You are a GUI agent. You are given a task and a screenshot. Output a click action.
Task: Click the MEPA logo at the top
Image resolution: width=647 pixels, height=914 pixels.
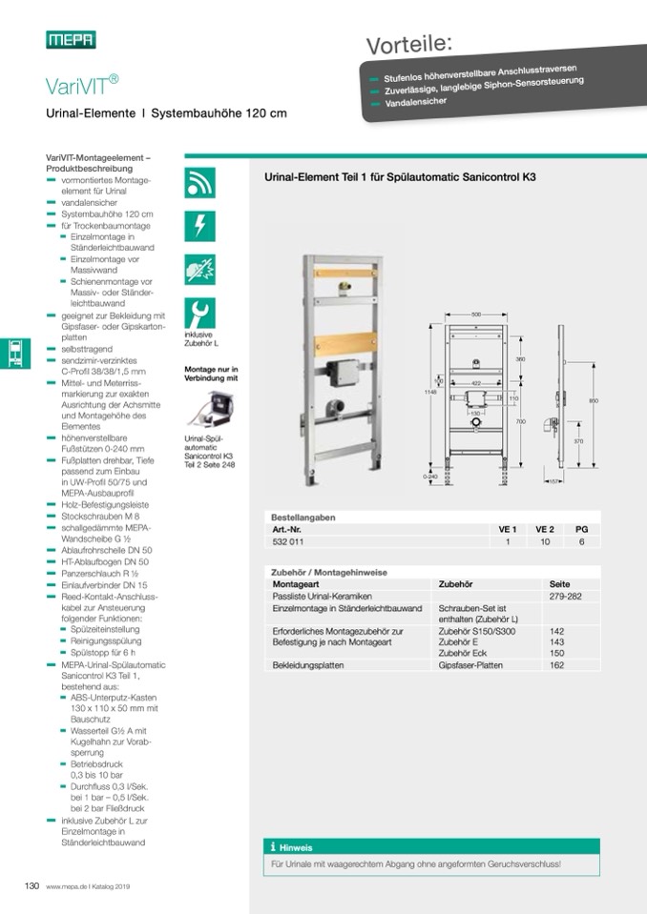tap(71, 39)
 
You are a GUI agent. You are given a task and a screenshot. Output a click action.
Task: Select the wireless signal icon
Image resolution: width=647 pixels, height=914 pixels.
tap(199, 182)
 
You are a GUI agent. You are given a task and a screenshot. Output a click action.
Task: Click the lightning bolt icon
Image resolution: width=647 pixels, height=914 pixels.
tap(199, 226)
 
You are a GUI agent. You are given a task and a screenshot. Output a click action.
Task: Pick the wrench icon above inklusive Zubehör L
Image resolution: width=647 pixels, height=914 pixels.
tap(199, 313)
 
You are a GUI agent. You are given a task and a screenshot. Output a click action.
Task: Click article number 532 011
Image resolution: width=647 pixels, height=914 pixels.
tap(288, 541)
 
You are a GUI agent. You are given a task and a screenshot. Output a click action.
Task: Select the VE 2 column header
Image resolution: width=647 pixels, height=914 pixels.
tap(544, 529)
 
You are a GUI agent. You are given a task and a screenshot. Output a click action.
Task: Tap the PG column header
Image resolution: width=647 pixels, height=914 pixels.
tap(581, 529)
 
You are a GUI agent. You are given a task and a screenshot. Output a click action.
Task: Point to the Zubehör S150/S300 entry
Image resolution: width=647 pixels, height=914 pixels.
tap(476, 631)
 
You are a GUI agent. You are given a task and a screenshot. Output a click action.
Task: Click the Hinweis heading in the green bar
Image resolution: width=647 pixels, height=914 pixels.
tap(295, 847)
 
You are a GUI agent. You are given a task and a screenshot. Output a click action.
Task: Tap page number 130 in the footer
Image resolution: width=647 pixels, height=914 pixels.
tap(31, 886)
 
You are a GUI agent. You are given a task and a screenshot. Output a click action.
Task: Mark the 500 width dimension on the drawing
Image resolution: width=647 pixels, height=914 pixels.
tap(475, 313)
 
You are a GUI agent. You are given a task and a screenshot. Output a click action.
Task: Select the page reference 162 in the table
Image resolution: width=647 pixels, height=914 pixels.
tap(557, 665)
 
